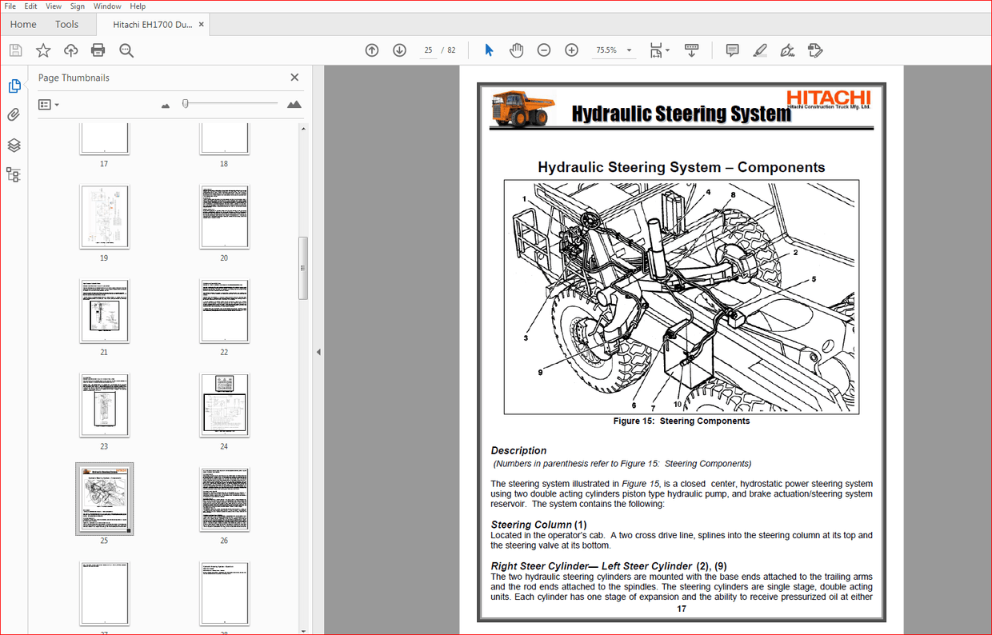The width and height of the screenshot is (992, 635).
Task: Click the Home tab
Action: coord(23,24)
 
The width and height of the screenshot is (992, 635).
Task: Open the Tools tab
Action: coord(67,24)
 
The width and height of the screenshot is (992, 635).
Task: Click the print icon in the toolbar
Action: coord(98,50)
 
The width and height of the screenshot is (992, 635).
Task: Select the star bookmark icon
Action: coord(43,50)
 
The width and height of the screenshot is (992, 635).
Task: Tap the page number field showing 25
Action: coord(429,50)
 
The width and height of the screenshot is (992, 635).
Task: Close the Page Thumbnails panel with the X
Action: coord(294,78)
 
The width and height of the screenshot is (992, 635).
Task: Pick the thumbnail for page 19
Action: coord(104,216)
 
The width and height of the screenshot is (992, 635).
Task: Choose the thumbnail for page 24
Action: coord(224,405)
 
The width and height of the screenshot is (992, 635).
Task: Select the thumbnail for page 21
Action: coord(104,310)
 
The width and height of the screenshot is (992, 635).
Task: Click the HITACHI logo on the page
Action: coord(828,98)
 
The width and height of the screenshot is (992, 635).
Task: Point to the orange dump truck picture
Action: coord(522,108)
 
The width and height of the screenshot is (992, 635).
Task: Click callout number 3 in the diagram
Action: coord(526,338)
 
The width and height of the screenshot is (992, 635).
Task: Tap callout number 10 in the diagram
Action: coord(678,404)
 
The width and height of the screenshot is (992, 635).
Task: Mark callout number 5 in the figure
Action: coord(814,279)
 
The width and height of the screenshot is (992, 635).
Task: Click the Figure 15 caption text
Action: coord(681,421)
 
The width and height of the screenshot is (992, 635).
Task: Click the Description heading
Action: coord(518,450)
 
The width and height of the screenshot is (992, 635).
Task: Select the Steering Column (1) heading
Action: coord(538,525)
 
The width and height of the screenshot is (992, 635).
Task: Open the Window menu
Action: coord(107,6)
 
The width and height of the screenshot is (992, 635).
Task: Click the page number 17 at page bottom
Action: coord(681,609)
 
